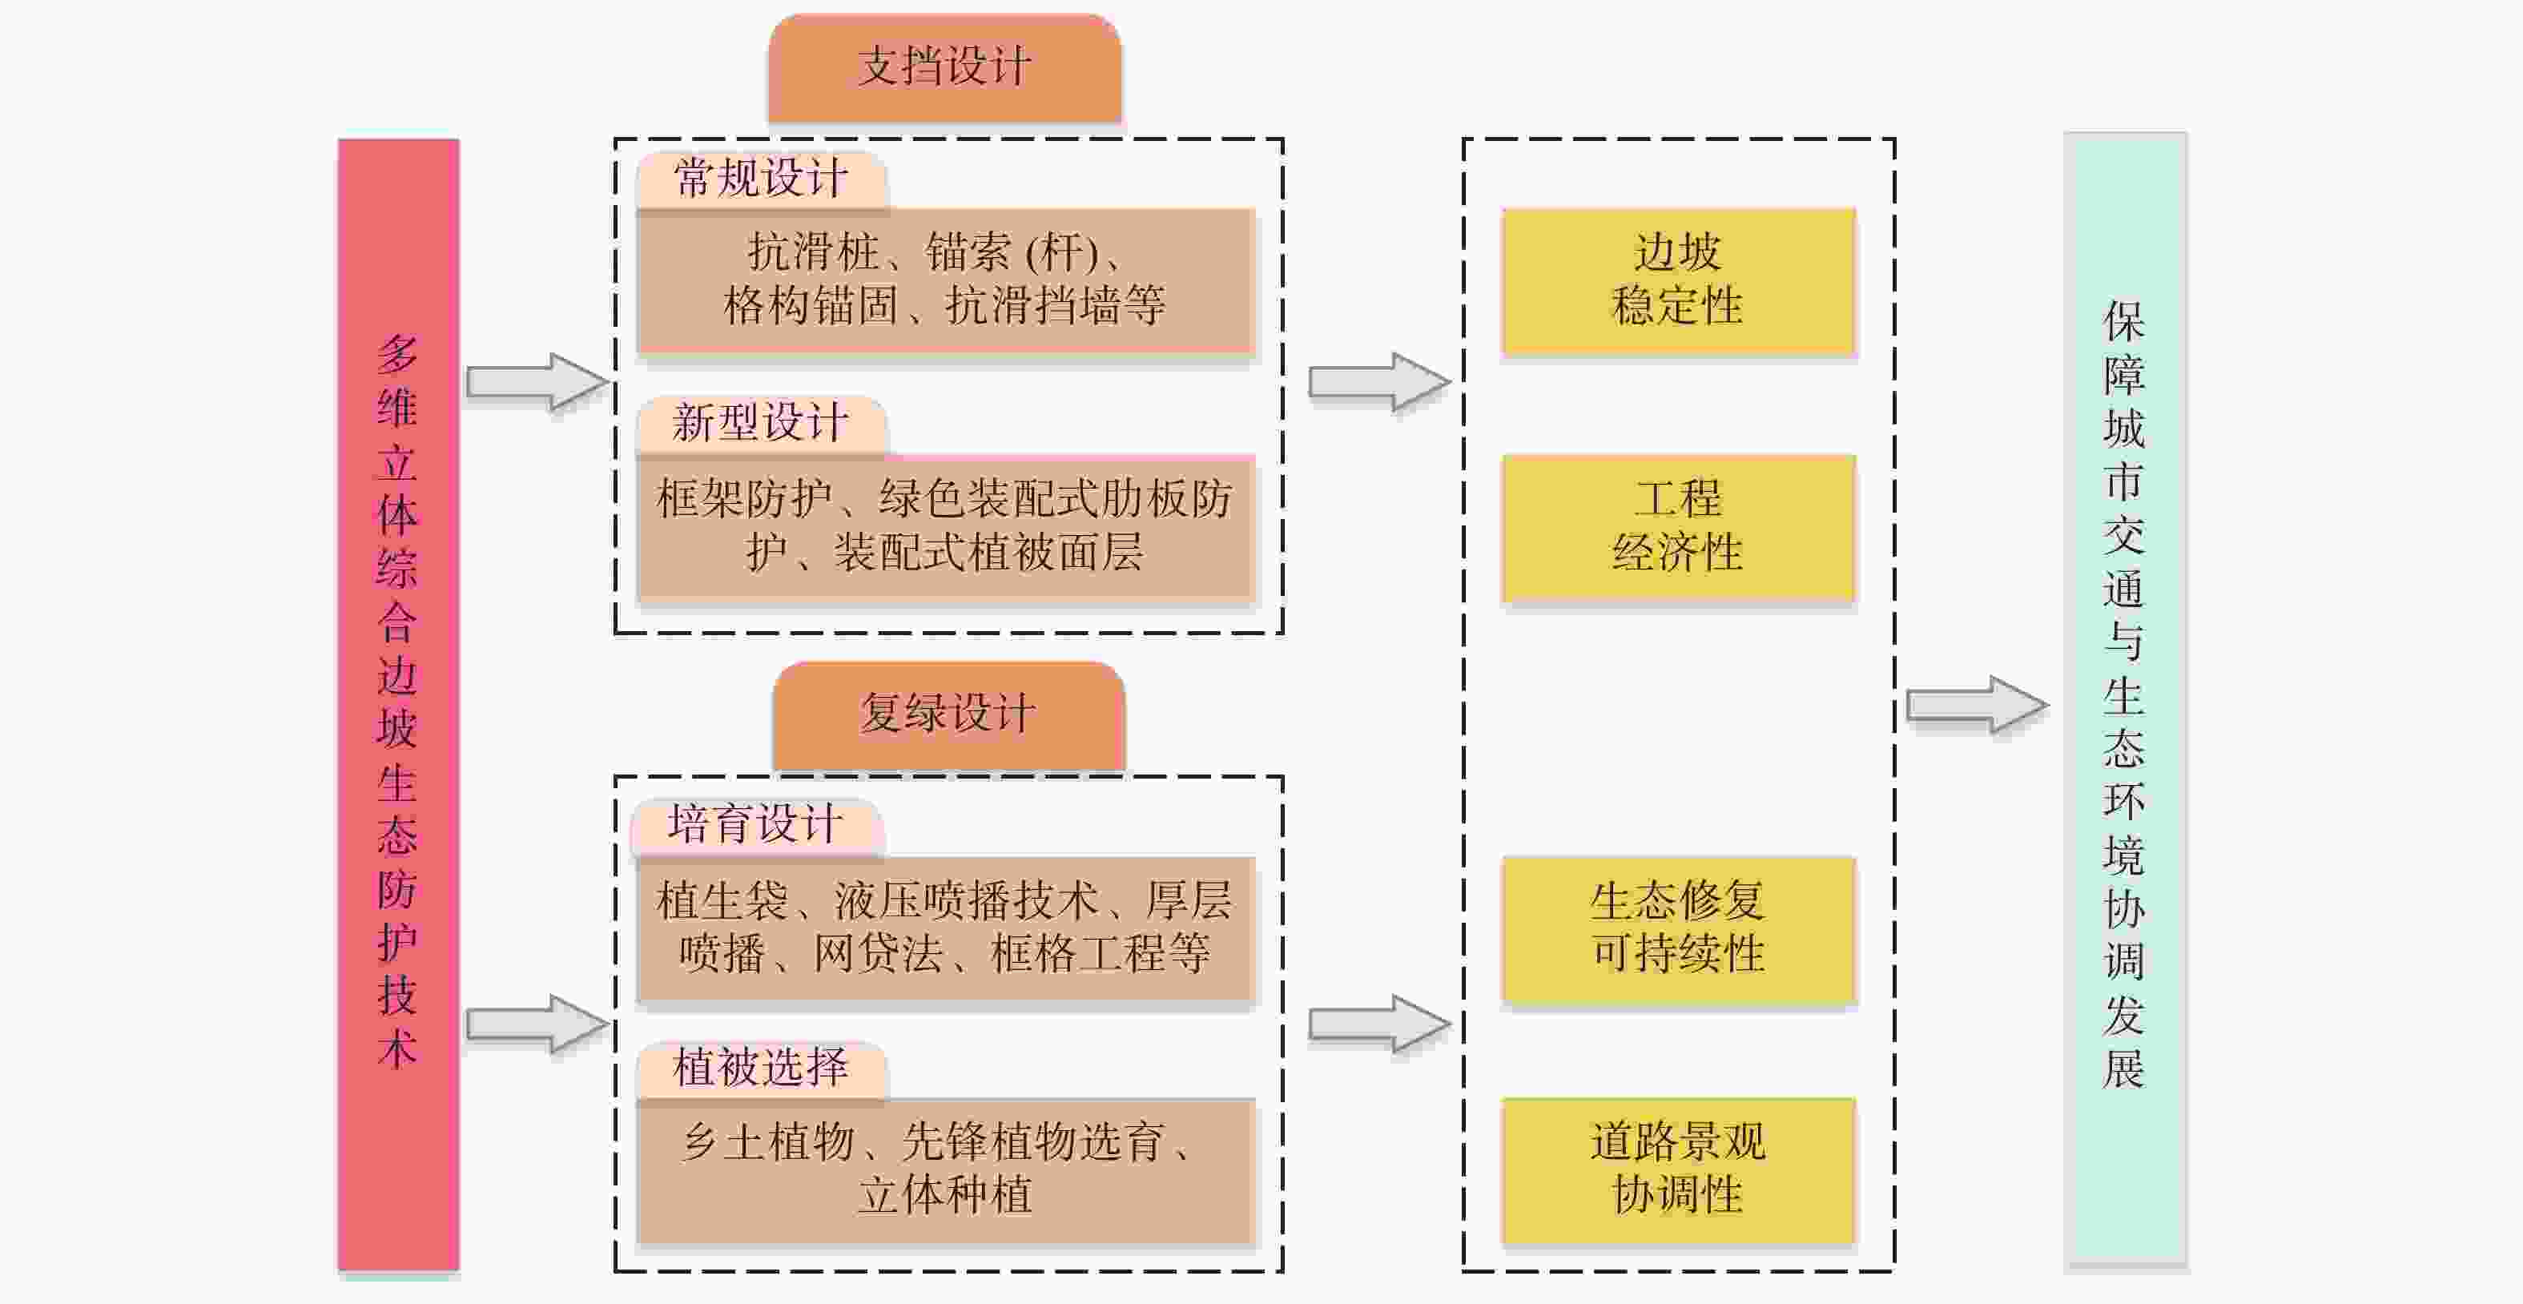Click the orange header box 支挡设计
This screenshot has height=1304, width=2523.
(x=944, y=69)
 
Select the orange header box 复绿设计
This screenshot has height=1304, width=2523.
(x=948, y=714)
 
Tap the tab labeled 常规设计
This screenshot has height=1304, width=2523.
(x=761, y=179)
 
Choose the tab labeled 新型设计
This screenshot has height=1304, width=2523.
(x=761, y=425)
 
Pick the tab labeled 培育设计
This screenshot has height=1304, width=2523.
(x=756, y=825)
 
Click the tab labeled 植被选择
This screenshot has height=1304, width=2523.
(x=761, y=1068)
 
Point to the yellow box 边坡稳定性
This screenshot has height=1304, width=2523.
(x=1678, y=280)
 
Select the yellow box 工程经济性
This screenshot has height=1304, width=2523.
(x=1678, y=526)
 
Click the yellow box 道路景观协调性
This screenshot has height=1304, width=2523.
(x=1678, y=1169)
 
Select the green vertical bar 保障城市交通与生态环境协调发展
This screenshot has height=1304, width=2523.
(x=2124, y=702)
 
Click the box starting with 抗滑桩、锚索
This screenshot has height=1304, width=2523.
(x=945, y=280)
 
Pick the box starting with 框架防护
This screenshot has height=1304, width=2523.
(x=945, y=526)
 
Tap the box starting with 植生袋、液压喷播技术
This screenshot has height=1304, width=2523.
(x=945, y=928)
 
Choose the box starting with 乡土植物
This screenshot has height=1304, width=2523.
(x=945, y=1169)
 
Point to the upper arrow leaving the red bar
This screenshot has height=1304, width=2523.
(x=536, y=381)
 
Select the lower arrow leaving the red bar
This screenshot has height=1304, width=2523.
(x=536, y=1024)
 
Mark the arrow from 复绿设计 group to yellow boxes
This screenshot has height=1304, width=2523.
(x=1378, y=1024)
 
